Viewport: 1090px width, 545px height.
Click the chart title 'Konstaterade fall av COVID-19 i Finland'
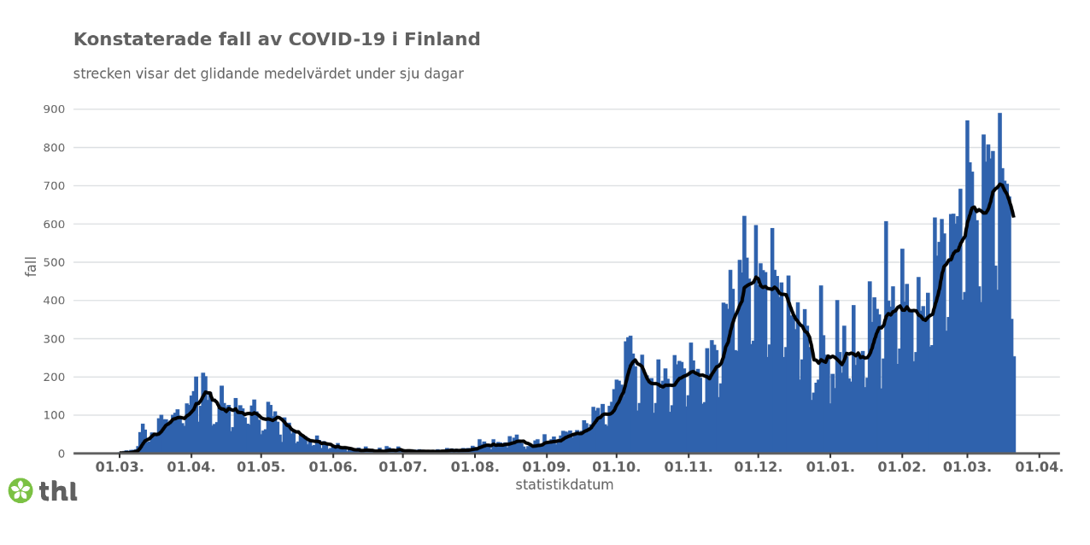coord(277,40)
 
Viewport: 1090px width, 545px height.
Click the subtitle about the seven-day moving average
coord(268,74)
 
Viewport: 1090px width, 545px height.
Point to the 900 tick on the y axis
coord(54,109)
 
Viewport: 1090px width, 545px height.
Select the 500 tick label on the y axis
coord(54,262)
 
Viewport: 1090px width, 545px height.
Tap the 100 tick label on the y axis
coord(54,415)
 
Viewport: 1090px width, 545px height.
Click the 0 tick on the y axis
coord(61,454)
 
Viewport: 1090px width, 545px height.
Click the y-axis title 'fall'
coord(32,266)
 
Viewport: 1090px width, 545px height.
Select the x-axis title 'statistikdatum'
coord(564,485)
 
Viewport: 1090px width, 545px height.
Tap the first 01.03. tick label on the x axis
coord(120,467)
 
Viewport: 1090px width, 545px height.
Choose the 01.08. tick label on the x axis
coord(474,467)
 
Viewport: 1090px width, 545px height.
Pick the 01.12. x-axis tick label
coord(758,467)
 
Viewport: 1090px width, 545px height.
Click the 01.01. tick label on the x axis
coord(829,467)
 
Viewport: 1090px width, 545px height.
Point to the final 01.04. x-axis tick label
coord(1038,467)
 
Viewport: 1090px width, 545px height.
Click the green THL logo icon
coord(20,490)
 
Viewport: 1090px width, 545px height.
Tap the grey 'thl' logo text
coord(58,491)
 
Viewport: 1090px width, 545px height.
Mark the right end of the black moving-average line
coord(1013,216)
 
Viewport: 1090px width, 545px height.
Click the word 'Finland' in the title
coord(441,40)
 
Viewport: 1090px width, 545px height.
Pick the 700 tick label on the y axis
coord(54,186)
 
